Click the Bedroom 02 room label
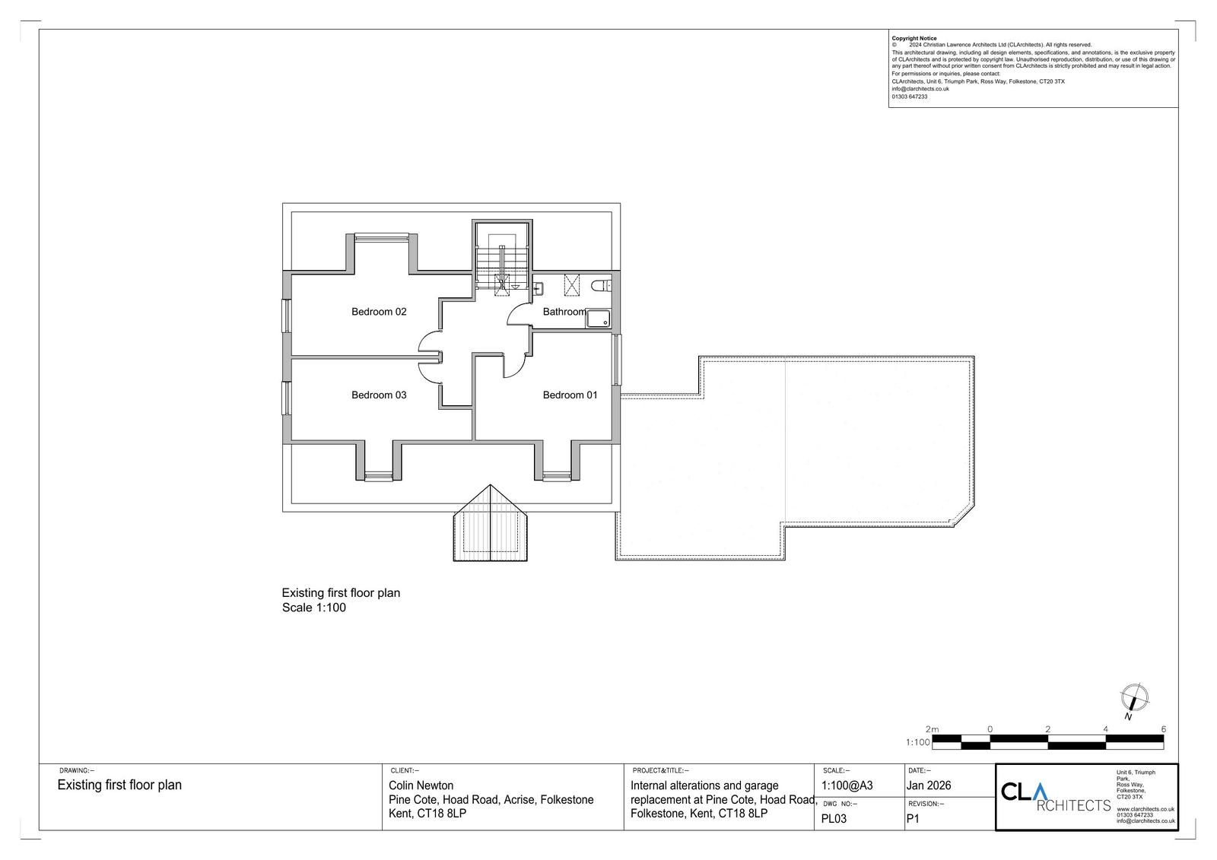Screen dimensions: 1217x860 pyautogui.click(x=379, y=312)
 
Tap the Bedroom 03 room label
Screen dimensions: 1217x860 pyautogui.click(x=379, y=395)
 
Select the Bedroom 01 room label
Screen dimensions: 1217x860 pyautogui.click(x=570, y=395)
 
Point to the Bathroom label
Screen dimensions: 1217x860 pyautogui.click(x=564, y=312)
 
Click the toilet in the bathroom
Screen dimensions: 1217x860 pyautogui.click(x=601, y=285)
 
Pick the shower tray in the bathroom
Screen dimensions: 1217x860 pyautogui.click(x=598, y=319)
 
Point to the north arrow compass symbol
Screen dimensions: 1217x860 pyautogui.click(x=1134, y=700)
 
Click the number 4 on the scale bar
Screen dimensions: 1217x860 pyautogui.click(x=1106, y=729)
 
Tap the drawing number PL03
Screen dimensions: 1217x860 pyautogui.click(x=834, y=819)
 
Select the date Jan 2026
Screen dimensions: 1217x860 pyautogui.click(x=929, y=785)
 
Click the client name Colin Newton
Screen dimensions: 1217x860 pyautogui.click(x=421, y=785)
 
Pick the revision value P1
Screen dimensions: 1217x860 pyautogui.click(x=913, y=819)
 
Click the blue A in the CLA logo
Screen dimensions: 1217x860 pyautogui.click(x=1039, y=792)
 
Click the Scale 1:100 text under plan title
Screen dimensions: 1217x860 pyautogui.click(x=313, y=608)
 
